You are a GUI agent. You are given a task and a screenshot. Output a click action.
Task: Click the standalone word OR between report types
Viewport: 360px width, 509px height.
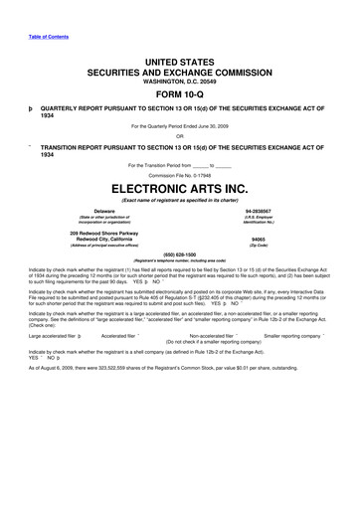(180, 134)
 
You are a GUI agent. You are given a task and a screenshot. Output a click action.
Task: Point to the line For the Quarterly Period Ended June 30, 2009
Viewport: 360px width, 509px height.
(180, 125)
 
